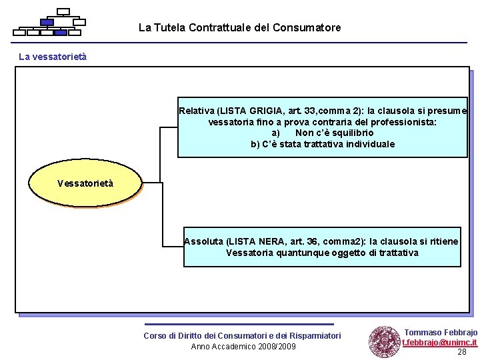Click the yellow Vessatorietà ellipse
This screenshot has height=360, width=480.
85,183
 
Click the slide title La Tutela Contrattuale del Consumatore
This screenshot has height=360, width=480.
239,28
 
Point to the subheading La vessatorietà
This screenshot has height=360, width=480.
53,57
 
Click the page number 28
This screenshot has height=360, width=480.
461,352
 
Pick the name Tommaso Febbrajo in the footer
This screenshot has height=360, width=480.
441,332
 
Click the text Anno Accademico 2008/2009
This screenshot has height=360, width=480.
243,346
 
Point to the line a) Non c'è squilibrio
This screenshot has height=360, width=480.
323,133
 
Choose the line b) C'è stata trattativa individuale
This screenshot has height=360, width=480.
323,144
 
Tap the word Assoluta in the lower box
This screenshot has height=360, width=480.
204,241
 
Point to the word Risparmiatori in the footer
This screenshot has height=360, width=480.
313,335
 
